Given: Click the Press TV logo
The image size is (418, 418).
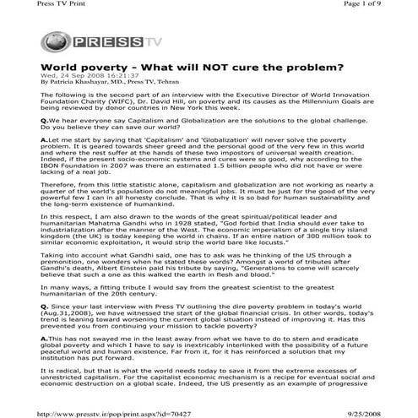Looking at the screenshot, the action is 79,41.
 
